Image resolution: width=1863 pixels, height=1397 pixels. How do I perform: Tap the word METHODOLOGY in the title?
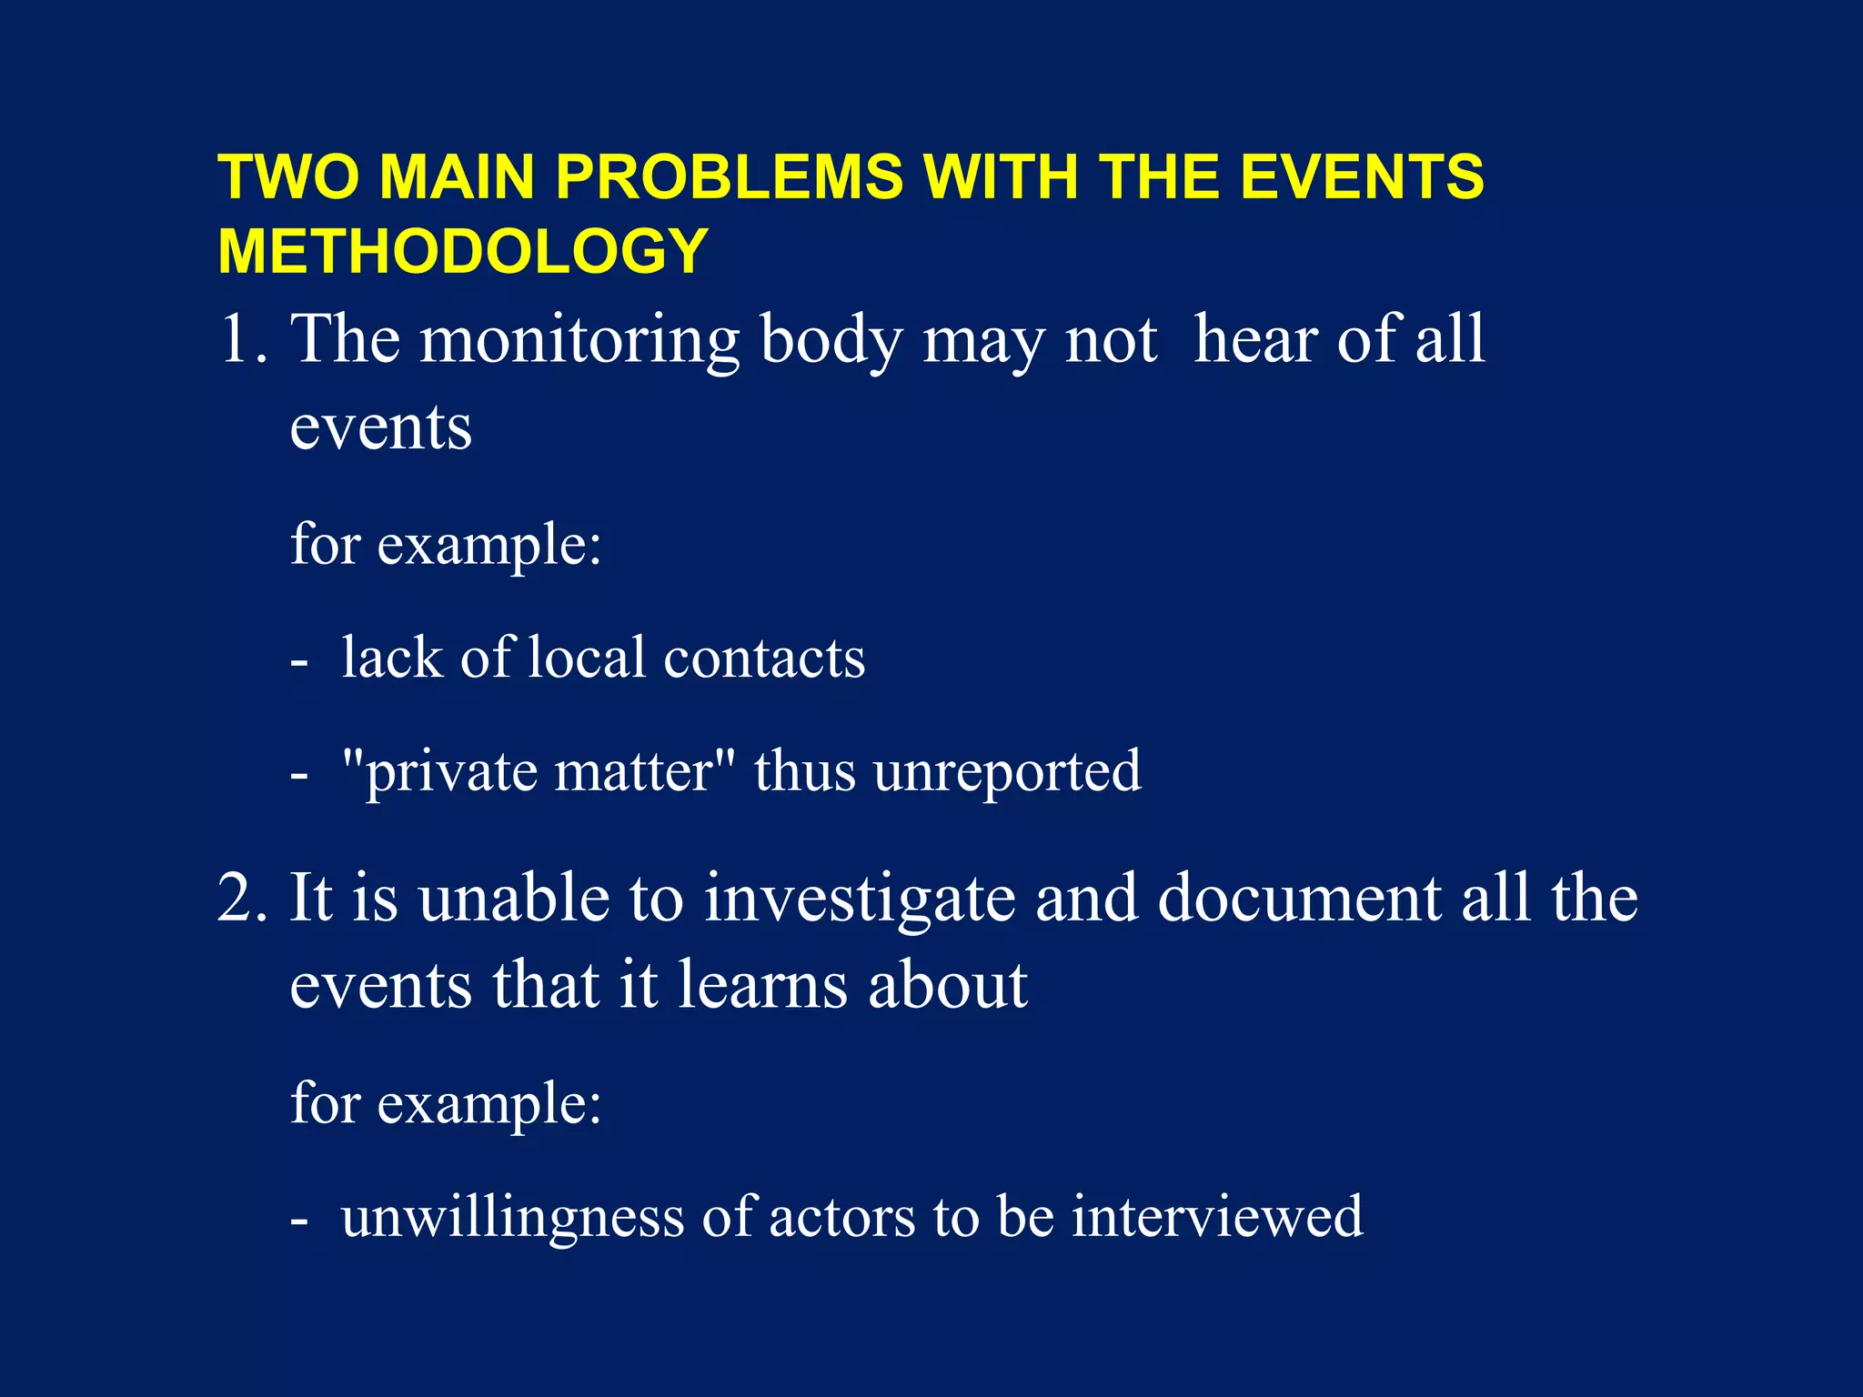click(x=463, y=251)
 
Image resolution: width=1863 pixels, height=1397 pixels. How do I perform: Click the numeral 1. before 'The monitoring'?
click(x=243, y=340)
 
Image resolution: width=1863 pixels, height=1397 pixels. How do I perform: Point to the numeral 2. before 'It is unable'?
click(x=243, y=899)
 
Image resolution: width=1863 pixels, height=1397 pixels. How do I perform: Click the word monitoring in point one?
click(x=579, y=340)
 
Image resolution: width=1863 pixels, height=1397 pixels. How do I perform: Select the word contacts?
click(x=764, y=658)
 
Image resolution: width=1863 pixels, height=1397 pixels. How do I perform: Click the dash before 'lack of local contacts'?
click(x=299, y=662)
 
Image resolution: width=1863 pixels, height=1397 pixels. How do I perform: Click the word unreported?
click(x=1007, y=772)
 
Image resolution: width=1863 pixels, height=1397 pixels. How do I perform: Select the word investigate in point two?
click(x=860, y=899)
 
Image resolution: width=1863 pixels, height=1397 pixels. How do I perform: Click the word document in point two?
click(x=1299, y=899)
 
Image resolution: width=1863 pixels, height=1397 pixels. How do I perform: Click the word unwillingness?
click(x=512, y=1218)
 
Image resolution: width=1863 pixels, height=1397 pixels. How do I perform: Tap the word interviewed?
click(x=1217, y=1218)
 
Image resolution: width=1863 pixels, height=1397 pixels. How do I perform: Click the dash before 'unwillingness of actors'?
click(x=299, y=1221)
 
